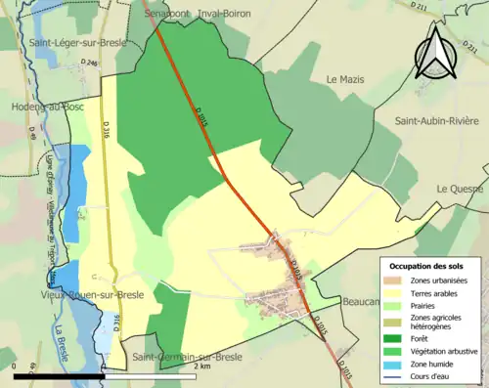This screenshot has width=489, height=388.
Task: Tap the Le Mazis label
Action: pyautogui.click(x=344, y=79)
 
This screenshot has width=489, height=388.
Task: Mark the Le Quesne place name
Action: pyautogui.click(x=462, y=189)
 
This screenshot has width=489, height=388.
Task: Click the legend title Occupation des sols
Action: pyautogui.click(x=428, y=265)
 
